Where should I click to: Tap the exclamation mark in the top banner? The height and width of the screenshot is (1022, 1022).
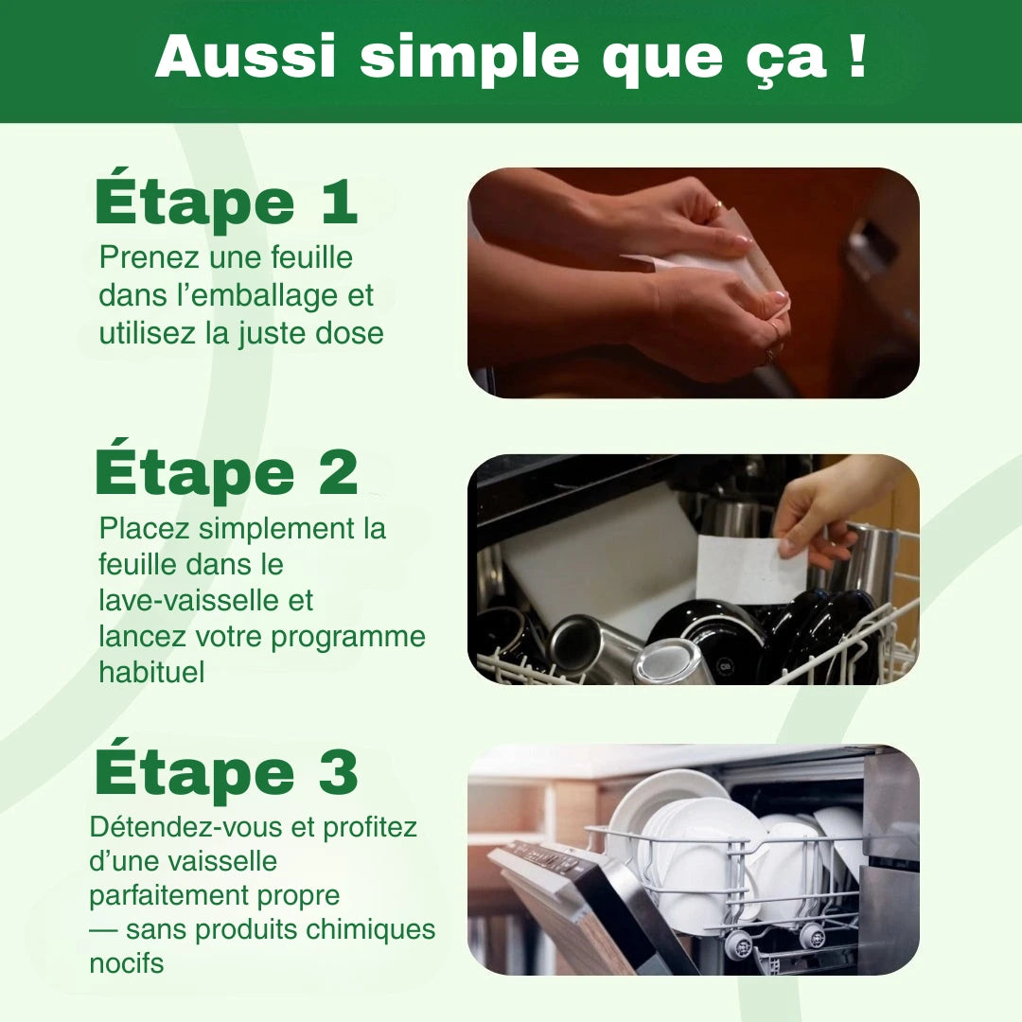[857, 58]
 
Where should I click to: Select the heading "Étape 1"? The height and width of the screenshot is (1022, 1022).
[226, 202]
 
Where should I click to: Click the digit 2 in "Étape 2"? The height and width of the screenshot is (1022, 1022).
[337, 473]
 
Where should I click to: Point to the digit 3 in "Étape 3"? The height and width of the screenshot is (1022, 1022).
[337, 772]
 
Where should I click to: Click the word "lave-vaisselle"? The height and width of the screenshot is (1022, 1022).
[205, 601]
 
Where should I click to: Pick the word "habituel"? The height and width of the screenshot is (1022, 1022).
[151, 672]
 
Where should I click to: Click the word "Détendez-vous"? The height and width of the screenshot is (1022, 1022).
[187, 826]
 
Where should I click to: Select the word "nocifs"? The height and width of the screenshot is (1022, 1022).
[126, 964]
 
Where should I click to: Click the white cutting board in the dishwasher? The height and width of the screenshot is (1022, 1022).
[596, 549]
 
